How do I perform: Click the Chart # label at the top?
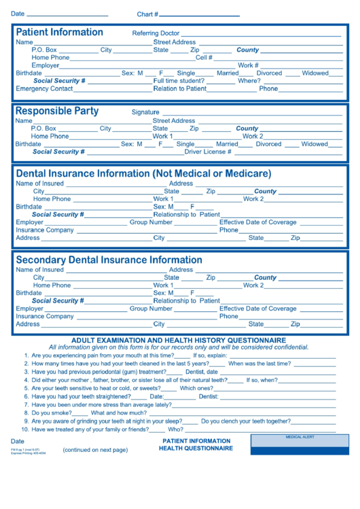coord(147,14)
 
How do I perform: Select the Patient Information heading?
coord(59,32)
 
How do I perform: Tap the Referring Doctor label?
coord(156,33)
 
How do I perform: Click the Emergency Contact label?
coord(44,89)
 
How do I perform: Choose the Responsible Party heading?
coord(57,111)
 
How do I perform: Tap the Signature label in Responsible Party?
coord(145,112)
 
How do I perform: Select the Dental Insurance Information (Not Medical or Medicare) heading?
coord(143,173)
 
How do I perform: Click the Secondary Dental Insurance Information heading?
coord(109,260)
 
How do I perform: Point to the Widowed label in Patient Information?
coord(314,73)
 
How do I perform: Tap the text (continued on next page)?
coord(95,450)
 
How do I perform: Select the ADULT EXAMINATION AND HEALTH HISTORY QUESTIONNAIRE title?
coord(179,340)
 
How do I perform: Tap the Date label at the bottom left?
coord(17,441)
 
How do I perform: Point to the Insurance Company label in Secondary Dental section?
coord(45,316)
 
